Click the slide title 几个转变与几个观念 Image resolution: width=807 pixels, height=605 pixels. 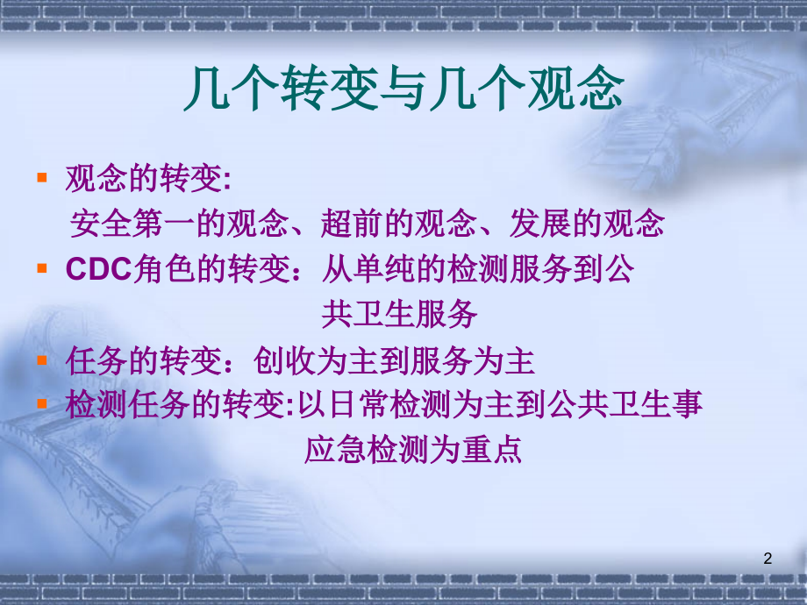click(x=403, y=90)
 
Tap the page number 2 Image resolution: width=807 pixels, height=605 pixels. click(x=768, y=559)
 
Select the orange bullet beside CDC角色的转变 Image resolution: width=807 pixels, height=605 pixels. click(x=41, y=268)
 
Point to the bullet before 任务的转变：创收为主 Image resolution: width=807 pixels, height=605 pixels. click(x=41, y=359)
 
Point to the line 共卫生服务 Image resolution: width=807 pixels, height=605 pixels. click(x=399, y=314)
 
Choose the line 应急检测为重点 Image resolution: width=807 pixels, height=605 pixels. click(x=412, y=449)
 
